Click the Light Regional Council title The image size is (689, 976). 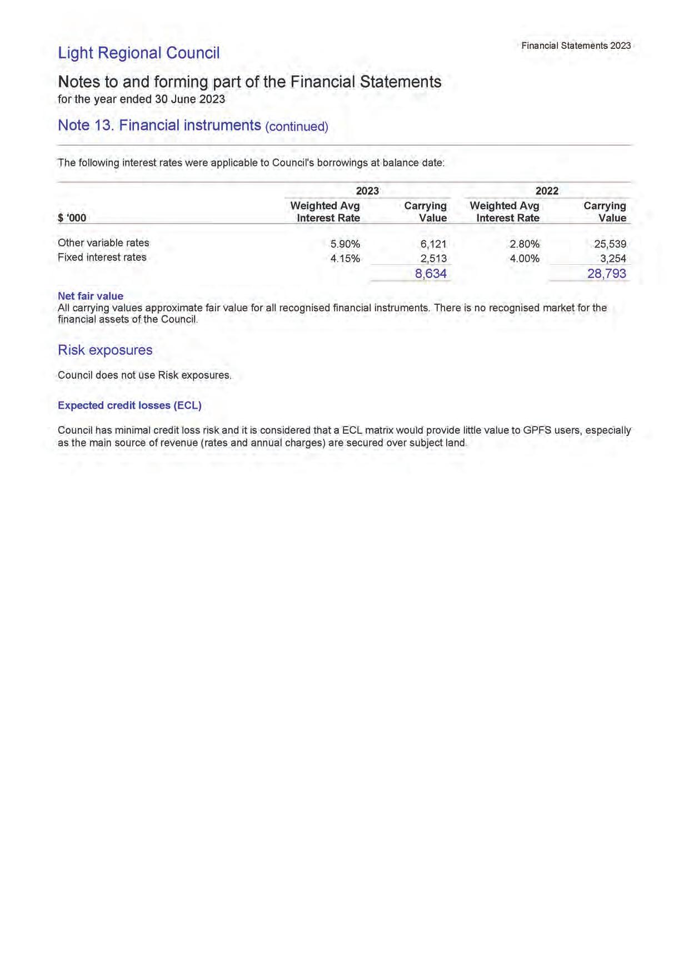[x=138, y=53]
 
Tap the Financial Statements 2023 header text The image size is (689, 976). [x=576, y=46]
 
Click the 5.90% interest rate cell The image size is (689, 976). [x=345, y=244]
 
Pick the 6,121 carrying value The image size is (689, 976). [x=433, y=244]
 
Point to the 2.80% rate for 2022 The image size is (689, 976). [x=525, y=244]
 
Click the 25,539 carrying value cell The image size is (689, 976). [x=610, y=244]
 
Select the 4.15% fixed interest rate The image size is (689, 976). [x=345, y=259]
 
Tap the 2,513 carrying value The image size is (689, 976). [x=433, y=259]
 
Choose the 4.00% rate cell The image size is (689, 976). [x=525, y=259]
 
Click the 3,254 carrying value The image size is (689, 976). [x=613, y=259]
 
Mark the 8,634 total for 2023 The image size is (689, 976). [x=431, y=274]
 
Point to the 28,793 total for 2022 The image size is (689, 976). [x=607, y=274]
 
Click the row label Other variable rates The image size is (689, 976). [x=103, y=243]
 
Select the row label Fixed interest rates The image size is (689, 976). [x=102, y=257]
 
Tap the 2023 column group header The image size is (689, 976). [x=367, y=191]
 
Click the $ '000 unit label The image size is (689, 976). [x=72, y=218]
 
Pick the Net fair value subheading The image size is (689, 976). [x=91, y=296]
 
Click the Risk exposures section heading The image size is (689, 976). [x=105, y=350]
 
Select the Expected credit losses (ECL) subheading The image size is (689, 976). [x=129, y=405]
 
